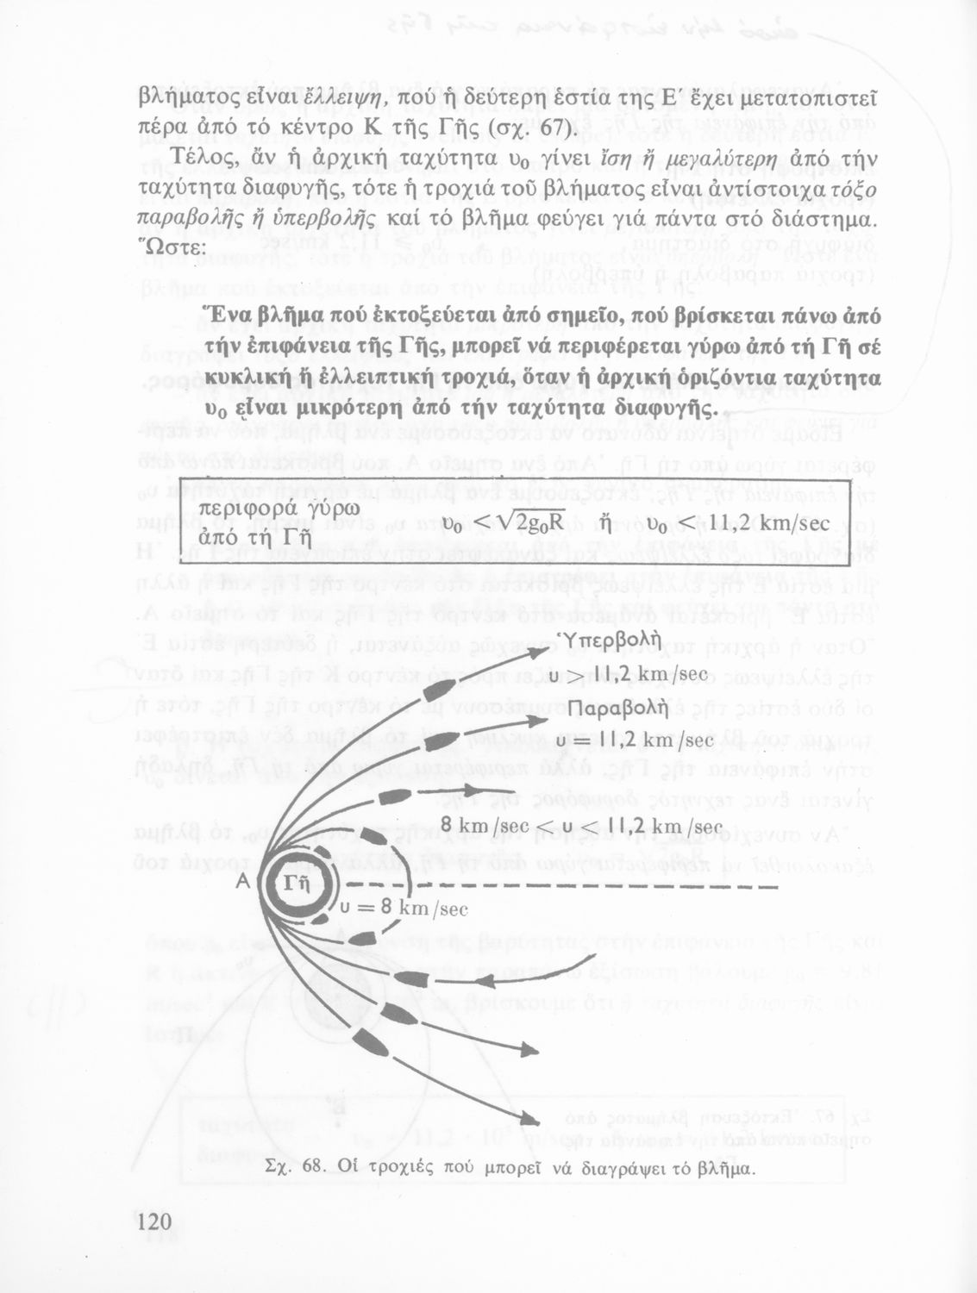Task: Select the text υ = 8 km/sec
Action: [404, 906]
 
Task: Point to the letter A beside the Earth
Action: [242, 882]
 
